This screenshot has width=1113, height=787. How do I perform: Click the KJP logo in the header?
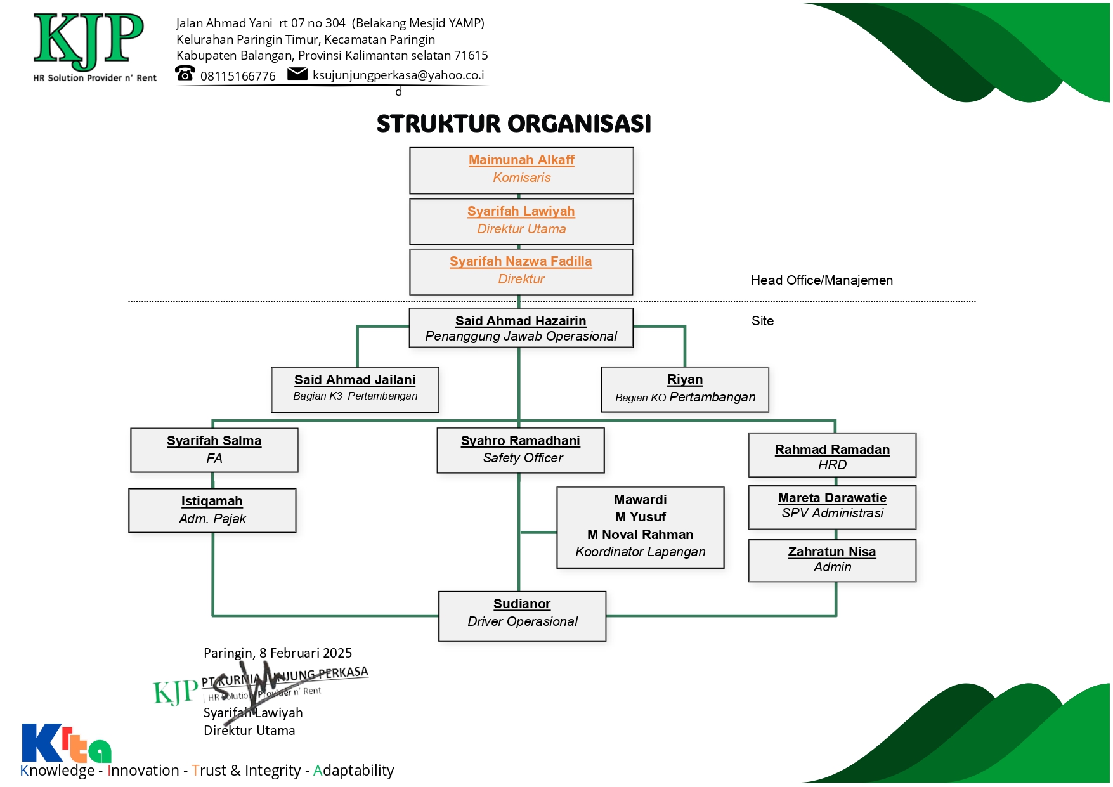click(x=89, y=44)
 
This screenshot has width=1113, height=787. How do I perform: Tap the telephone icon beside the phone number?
click(x=185, y=74)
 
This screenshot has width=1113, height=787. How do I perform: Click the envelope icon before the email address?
click(x=297, y=74)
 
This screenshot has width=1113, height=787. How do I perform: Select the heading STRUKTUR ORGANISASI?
click(x=514, y=124)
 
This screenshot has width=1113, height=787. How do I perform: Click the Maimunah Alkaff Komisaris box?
click(x=521, y=170)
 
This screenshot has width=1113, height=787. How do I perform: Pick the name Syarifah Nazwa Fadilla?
click(x=521, y=261)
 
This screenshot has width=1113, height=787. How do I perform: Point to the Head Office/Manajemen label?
click(x=821, y=280)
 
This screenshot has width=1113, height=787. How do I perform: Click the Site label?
click(x=762, y=321)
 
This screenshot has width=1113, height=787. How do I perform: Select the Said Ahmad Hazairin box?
click(x=521, y=328)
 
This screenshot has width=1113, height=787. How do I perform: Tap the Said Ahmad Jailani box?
click(x=355, y=389)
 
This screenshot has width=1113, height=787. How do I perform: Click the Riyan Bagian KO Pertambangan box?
click(x=685, y=389)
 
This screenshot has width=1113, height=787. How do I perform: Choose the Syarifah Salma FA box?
click(x=214, y=450)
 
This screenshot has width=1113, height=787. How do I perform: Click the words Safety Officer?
click(x=523, y=458)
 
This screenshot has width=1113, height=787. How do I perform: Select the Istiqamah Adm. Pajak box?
click(x=212, y=510)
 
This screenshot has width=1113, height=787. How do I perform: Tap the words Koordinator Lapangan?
click(x=640, y=552)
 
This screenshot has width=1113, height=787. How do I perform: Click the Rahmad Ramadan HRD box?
click(x=832, y=455)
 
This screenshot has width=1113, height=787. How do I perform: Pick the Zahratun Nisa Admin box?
click(x=832, y=560)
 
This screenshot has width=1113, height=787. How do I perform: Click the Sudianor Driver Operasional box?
click(x=522, y=616)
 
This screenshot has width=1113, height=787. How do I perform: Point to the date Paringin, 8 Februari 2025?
click(x=278, y=653)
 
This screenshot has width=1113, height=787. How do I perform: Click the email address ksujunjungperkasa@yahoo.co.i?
click(x=398, y=75)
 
